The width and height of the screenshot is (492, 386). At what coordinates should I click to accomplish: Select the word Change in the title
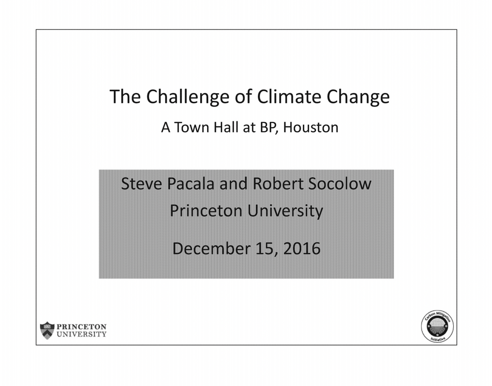[x=358, y=98]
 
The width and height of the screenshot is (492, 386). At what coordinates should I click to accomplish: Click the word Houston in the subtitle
[x=310, y=127]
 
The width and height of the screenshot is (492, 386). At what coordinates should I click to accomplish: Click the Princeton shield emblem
[x=47, y=330]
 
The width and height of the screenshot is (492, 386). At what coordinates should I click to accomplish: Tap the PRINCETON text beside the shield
[x=81, y=327]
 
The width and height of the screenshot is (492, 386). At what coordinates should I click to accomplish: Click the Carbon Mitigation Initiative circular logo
[x=437, y=327]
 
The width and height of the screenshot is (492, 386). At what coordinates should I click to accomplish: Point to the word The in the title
[x=125, y=97]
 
